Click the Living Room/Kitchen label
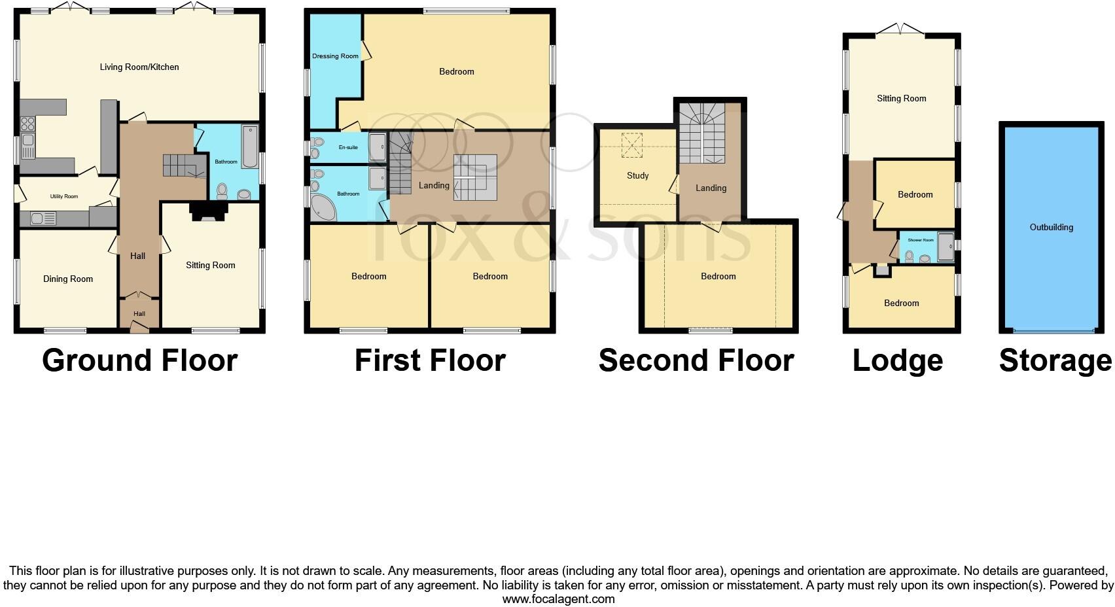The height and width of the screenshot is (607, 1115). pyautogui.click(x=139, y=67)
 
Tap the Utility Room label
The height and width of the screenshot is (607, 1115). pyautogui.click(x=64, y=196)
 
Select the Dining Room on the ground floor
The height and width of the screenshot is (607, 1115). pyautogui.click(x=68, y=279)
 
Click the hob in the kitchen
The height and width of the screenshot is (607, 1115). pyautogui.click(x=27, y=124)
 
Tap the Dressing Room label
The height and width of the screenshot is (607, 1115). pyautogui.click(x=335, y=56)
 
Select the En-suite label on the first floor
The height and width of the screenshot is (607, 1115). pyautogui.click(x=347, y=148)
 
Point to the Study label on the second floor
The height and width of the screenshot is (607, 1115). pyautogui.click(x=637, y=175)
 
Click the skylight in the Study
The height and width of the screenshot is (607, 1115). pyautogui.click(x=632, y=145)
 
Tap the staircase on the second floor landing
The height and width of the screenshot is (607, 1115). pyautogui.click(x=701, y=133)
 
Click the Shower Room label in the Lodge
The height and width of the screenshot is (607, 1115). pyautogui.click(x=920, y=240)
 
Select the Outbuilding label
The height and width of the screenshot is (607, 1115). pyautogui.click(x=1051, y=227)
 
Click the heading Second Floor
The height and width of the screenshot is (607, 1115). pyautogui.click(x=696, y=360)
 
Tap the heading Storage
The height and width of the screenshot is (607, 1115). pyautogui.click(x=1055, y=360)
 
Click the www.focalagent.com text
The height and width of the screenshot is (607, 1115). pyautogui.click(x=558, y=598)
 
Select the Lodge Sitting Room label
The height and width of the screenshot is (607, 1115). pyautogui.click(x=901, y=98)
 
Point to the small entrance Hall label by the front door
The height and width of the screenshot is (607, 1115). pyautogui.click(x=139, y=314)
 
